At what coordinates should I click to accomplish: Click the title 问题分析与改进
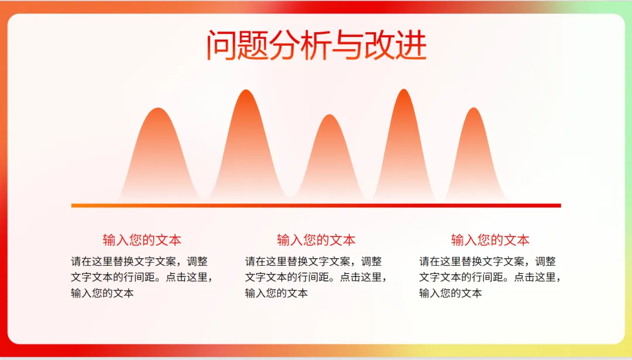(x=317, y=44)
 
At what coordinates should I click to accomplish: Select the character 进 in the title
(x=411, y=44)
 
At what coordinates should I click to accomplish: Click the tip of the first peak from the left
(x=159, y=108)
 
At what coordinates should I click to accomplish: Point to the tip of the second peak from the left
(x=246, y=90)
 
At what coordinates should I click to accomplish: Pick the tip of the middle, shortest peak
(x=329, y=115)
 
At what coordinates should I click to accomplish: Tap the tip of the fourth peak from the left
(x=404, y=89)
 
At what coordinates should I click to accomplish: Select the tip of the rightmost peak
(x=473, y=108)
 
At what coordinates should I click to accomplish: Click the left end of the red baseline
(x=72, y=205)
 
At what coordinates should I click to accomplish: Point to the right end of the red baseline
(x=561, y=205)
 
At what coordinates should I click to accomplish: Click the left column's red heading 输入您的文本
(x=142, y=240)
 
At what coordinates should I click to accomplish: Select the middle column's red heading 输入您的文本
(x=316, y=240)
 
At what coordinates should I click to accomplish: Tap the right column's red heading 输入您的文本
(x=490, y=240)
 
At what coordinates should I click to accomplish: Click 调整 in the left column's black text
(x=197, y=262)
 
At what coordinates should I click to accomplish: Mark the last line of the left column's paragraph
(x=102, y=293)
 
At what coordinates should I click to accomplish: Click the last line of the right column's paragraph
(x=451, y=293)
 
